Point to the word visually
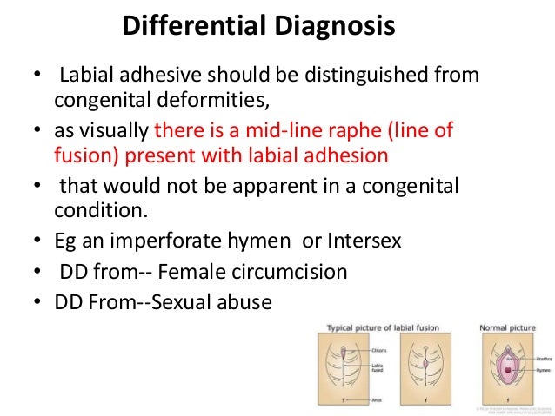pos(117,132)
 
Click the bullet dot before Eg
pos(37,241)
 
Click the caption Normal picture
pos(508,327)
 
